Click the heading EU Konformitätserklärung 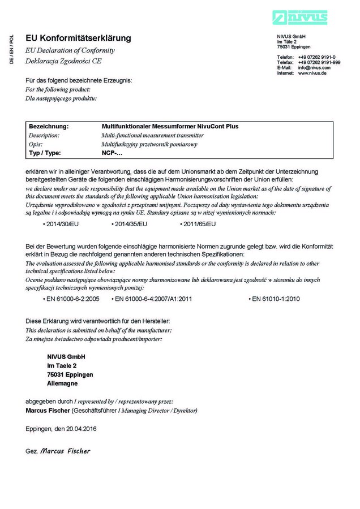click(78, 38)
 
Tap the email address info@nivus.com click(314, 68)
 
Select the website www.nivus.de click(312, 73)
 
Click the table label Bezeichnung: click(49, 127)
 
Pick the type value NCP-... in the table click(112, 153)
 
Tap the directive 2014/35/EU click(131, 225)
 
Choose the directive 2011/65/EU click(199, 225)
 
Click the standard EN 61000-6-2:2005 click(73, 299)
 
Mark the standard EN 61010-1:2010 click(276, 299)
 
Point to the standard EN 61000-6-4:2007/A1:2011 click(153, 299)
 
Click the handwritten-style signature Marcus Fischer click(65, 451)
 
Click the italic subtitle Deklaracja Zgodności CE click(64, 61)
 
